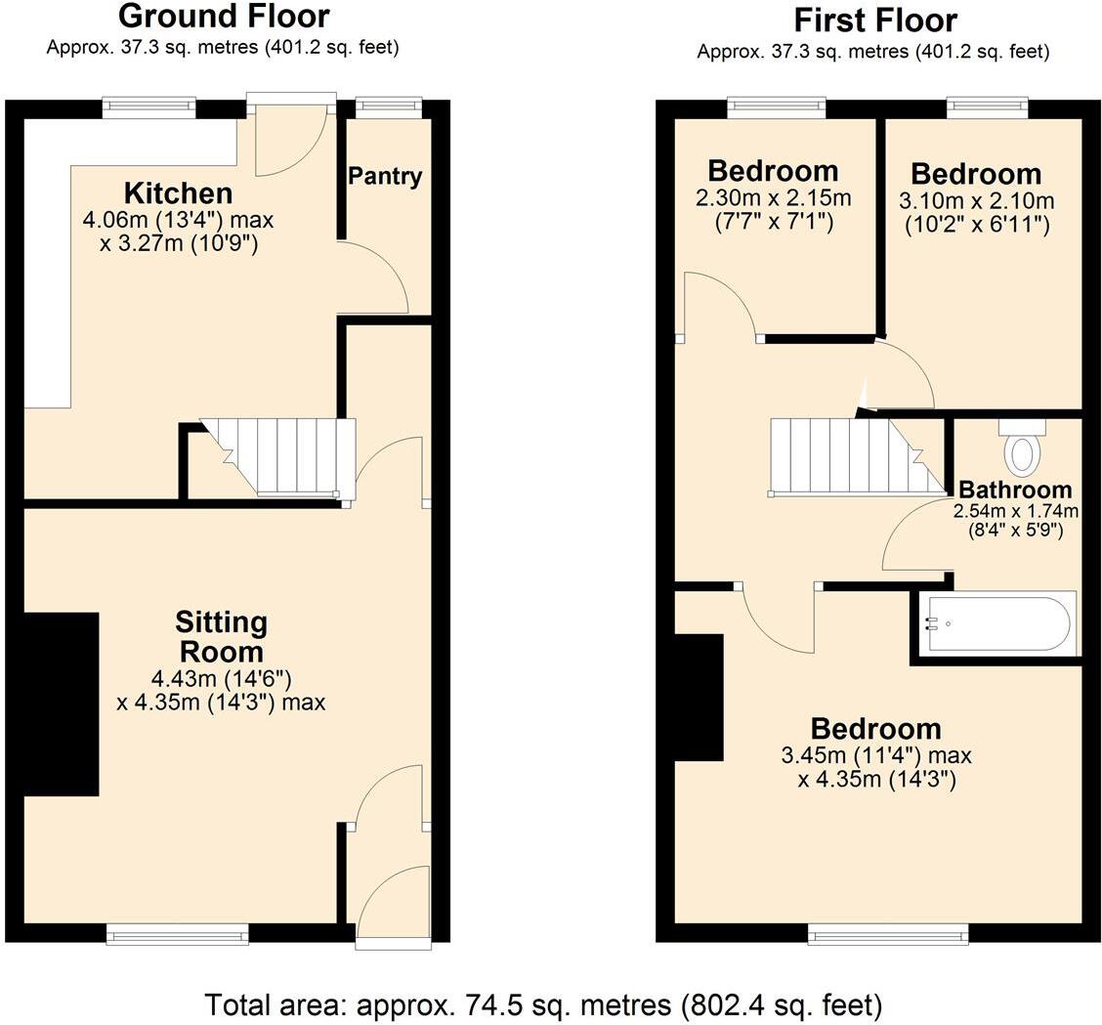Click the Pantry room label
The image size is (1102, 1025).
[385, 177]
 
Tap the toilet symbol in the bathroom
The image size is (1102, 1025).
[1022, 451]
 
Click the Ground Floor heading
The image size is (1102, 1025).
[224, 16]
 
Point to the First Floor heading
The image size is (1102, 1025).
[874, 20]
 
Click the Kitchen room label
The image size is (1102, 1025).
[178, 192]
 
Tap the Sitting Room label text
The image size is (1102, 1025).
[221, 636]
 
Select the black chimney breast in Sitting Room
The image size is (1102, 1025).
[61, 704]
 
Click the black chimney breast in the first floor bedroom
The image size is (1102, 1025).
[699, 697]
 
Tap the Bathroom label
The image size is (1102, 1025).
[1015, 490]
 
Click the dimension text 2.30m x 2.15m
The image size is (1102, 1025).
[773, 198]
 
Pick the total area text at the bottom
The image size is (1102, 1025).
[543, 1004]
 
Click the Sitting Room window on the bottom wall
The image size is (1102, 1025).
[177, 936]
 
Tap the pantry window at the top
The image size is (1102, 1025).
[388, 107]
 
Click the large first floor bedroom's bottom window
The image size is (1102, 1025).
[888, 936]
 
